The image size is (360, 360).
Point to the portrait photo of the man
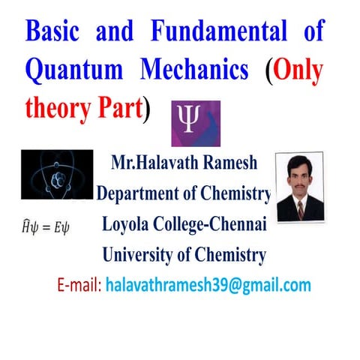(300, 187)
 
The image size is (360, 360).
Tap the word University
(139, 255)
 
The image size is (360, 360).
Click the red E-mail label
(79, 286)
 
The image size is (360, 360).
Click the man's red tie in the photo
(300, 209)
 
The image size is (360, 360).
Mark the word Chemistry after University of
(228, 255)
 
